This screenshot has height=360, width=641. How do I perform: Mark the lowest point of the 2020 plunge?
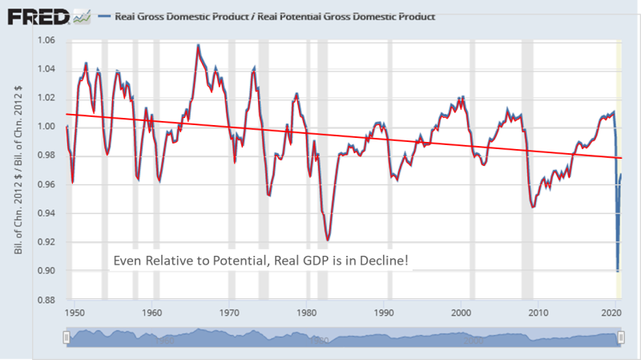[616, 271]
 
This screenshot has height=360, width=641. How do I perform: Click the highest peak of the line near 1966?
[198, 46]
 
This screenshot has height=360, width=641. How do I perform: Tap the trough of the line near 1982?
[328, 239]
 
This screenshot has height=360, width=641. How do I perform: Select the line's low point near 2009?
[533, 206]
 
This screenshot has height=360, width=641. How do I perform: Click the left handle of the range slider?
[67, 340]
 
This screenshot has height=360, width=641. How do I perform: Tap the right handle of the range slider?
[621, 340]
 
